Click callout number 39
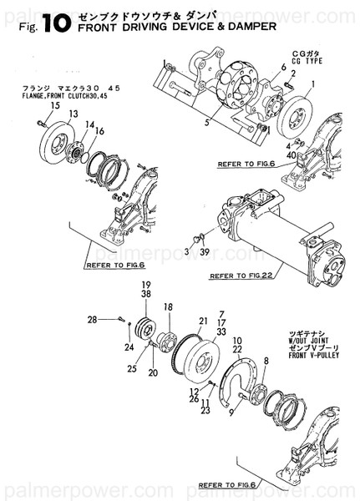[203, 250]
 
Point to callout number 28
[115, 319]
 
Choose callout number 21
[203, 321]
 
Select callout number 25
[132, 367]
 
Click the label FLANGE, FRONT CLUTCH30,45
[56, 96]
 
